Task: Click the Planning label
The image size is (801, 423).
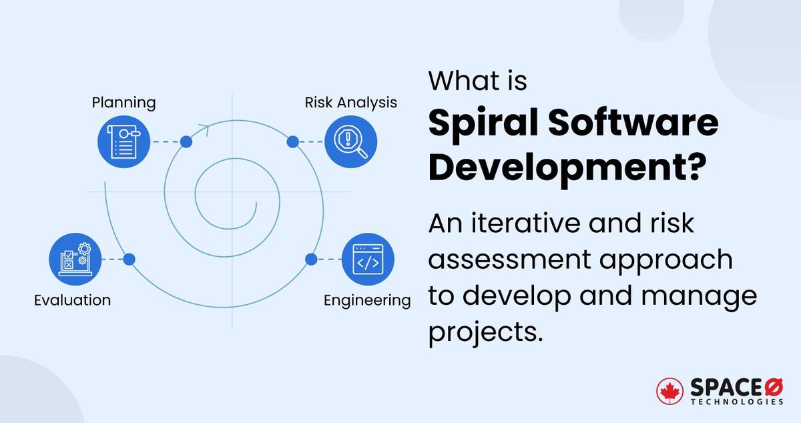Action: click(x=123, y=103)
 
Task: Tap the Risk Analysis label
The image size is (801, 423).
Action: click(x=350, y=102)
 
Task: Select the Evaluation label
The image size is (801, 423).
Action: click(x=72, y=300)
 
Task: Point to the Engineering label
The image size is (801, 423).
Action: click(x=367, y=300)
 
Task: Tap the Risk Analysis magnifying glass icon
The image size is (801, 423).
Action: click(x=350, y=142)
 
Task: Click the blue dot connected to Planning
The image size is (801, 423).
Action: click(x=186, y=141)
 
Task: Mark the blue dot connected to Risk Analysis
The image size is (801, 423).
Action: click(x=292, y=141)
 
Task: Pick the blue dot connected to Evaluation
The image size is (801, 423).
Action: click(x=129, y=259)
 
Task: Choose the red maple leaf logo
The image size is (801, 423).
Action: click(x=670, y=392)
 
